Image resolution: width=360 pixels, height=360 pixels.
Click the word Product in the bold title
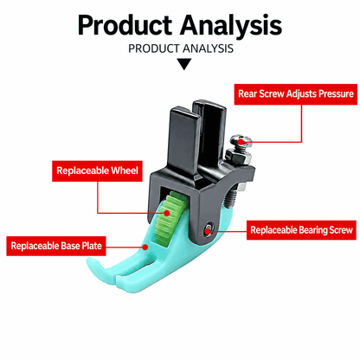click(125, 25)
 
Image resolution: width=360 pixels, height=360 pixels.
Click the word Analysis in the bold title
click(231, 26)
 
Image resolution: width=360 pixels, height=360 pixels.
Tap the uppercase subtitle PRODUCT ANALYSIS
click(181, 48)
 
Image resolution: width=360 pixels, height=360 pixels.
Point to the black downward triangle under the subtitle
click(183, 64)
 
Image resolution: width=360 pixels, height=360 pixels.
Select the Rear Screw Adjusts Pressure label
click(296, 94)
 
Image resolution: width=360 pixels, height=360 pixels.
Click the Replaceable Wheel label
click(97, 170)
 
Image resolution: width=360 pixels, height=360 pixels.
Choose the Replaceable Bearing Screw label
click(301, 230)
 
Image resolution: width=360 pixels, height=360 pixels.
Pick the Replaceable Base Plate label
click(56, 246)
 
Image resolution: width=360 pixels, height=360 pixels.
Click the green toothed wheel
click(170, 217)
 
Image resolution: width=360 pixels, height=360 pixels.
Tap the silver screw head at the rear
click(241, 141)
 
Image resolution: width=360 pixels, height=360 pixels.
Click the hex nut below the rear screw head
click(239, 157)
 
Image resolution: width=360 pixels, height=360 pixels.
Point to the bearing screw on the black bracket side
click(208, 230)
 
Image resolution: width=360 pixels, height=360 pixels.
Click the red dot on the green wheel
click(167, 213)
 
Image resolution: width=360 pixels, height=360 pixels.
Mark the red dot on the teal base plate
click(145, 247)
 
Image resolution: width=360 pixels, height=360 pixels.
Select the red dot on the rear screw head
click(241, 142)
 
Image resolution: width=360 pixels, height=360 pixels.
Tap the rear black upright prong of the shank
click(210, 136)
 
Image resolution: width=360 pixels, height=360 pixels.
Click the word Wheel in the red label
click(125, 170)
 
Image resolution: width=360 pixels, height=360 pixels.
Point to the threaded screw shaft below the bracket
click(231, 196)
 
